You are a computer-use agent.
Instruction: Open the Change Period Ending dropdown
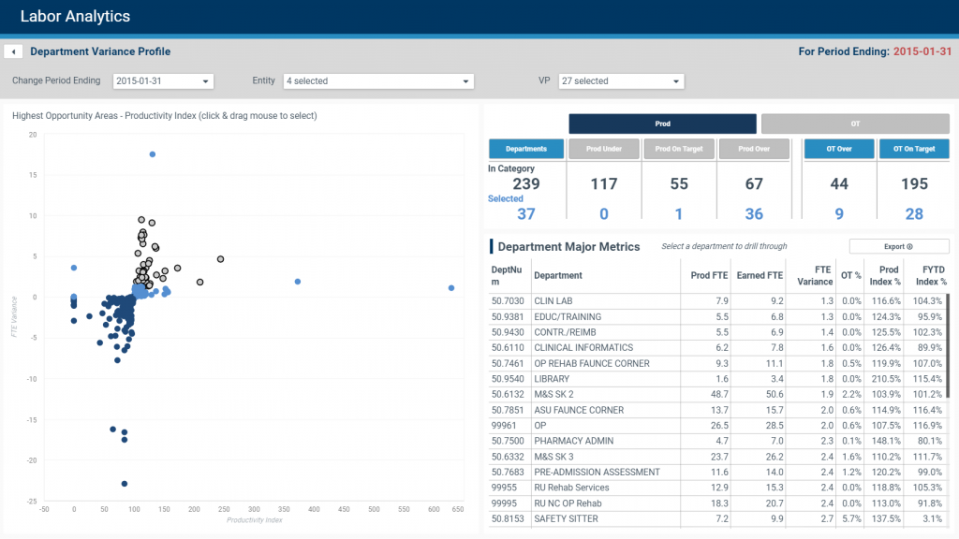[x=163, y=81]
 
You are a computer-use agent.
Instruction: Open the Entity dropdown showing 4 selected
[x=378, y=81]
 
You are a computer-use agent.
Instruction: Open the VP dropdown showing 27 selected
[x=620, y=81]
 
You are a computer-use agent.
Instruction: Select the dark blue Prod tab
[x=662, y=124]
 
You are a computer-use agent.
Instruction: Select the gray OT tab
[x=855, y=124]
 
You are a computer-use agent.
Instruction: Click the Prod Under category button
[x=604, y=149]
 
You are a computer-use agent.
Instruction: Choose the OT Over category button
[x=839, y=149]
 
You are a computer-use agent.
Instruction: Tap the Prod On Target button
[x=679, y=149]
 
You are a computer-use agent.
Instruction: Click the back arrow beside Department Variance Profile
[x=13, y=51]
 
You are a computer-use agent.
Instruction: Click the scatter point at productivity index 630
[x=451, y=288]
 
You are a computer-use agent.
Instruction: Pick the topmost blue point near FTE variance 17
[x=153, y=154]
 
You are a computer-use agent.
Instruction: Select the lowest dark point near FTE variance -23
[x=124, y=484]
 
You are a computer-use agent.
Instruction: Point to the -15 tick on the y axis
[x=32, y=419]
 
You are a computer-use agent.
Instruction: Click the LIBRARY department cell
[x=552, y=379]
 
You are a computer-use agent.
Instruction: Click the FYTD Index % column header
[x=931, y=275]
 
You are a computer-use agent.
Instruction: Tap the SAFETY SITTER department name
[x=566, y=518]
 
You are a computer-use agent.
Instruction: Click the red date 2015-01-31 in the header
[x=922, y=51]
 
